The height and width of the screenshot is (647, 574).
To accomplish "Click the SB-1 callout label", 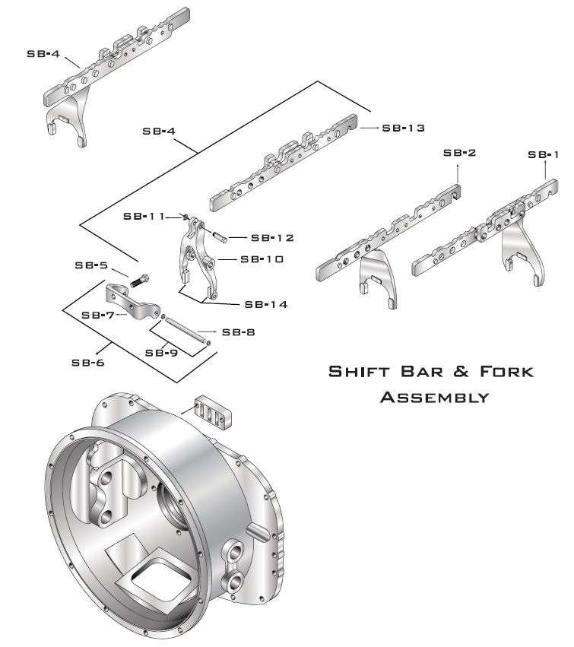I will click(x=543, y=154).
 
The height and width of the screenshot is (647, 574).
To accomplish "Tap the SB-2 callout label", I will click(x=459, y=153).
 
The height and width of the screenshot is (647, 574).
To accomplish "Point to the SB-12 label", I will click(x=272, y=237).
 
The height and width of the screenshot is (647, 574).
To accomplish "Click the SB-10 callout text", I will click(x=262, y=258).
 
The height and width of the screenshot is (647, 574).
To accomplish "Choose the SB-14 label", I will click(x=265, y=304).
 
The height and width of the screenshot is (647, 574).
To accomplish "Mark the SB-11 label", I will click(x=144, y=216).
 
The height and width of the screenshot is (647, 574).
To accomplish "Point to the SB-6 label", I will click(x=87, y=362).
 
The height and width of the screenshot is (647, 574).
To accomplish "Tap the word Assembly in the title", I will click(x=433, y=396).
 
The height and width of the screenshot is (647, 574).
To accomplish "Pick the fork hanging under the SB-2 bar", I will click(x=376, y=277).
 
